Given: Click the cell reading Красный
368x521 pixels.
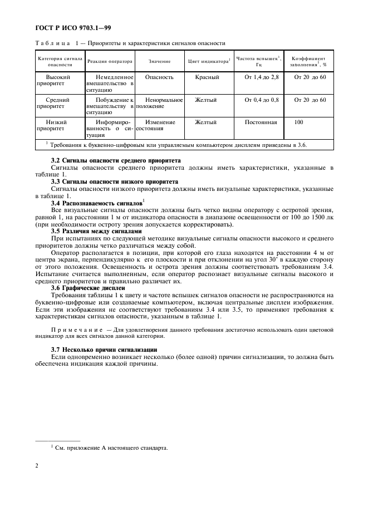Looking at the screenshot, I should [207, 77].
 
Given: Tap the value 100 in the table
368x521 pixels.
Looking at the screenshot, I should [299, 122].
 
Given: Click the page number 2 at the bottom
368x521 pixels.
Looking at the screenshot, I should [36, 466].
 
